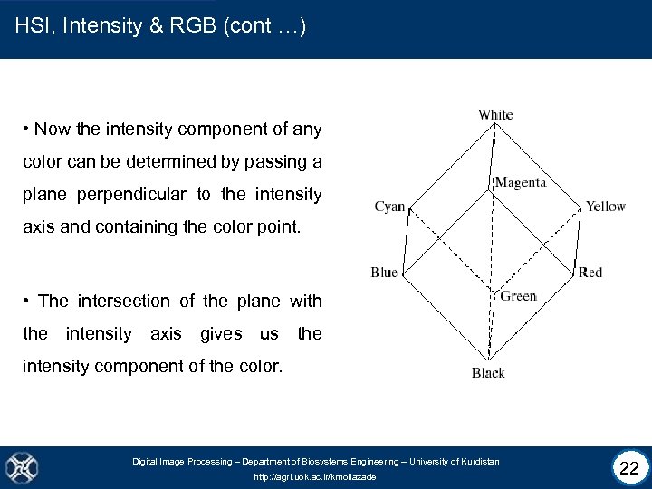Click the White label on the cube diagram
(x=495, y=114)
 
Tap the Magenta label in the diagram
(x=521, y=183)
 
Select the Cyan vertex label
(x=389, y=206)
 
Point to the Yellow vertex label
(x=605, y=206)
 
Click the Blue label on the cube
(x=384, y=272)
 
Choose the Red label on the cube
(x=590, y=272)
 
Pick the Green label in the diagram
(x=519, y=296)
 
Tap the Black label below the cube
(x=488, y=372)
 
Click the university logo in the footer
(x=21, y=467)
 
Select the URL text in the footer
(x=314, y=476)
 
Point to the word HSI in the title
(x=32, y=26)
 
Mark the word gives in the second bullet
(x=221, y=333)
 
